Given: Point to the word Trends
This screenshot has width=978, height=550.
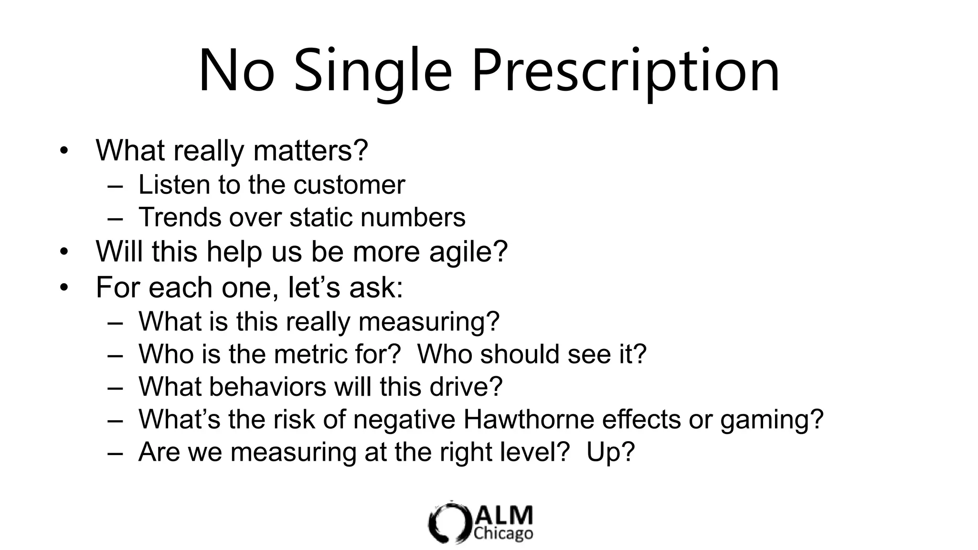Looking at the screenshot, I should (180, 217).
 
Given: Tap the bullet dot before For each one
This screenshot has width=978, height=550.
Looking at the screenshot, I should (64, 288).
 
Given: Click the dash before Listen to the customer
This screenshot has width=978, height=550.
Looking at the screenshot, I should (115, 186).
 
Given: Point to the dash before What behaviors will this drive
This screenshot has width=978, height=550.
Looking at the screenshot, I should (115, 387).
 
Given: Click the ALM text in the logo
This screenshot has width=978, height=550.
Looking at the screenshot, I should (503, 516).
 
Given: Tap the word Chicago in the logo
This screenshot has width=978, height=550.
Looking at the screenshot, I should (503, 533).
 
